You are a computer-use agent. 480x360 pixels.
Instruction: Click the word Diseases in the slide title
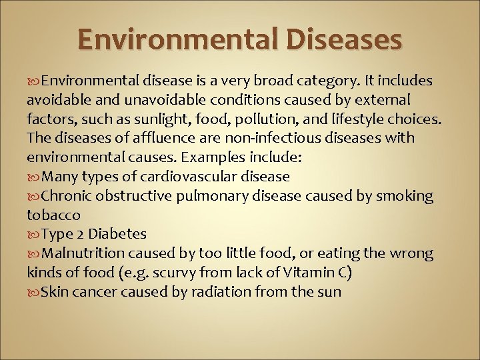(346, 39)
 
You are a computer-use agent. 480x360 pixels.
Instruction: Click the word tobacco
(53, 215)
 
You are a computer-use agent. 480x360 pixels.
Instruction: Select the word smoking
(406, 196)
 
